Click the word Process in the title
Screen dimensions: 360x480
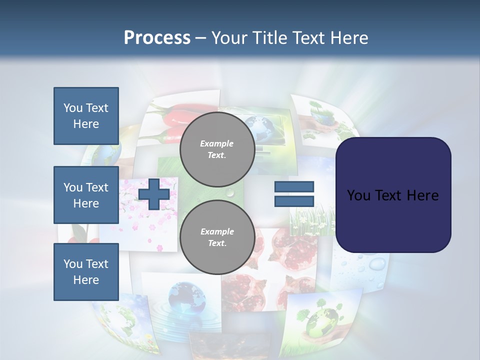tap(157, 38)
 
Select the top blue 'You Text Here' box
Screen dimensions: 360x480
tap(86, 116)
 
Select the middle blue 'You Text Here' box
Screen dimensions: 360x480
tap(86, 195)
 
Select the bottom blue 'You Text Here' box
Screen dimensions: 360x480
tap(86, 271)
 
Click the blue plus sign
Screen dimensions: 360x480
tap(153, 194)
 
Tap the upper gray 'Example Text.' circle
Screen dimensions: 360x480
tap(217, 149)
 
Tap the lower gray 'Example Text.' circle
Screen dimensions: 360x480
tap(217, 237)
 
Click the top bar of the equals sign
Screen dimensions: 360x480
tap(294, 187)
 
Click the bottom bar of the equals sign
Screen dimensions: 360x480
tap(294, 201)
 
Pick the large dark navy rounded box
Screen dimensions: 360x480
tap(393, 194)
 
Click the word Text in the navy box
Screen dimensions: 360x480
tap(392, 195)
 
